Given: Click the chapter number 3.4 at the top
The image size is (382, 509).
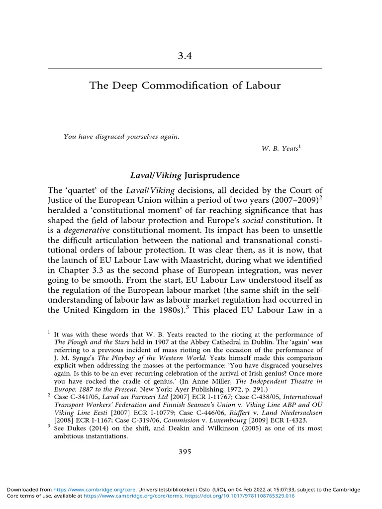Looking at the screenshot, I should tap(185, 56).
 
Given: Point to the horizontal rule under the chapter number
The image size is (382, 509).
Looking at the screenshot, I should tap(185, 68).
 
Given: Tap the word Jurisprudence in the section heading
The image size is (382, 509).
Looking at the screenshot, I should tap(212, 175).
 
